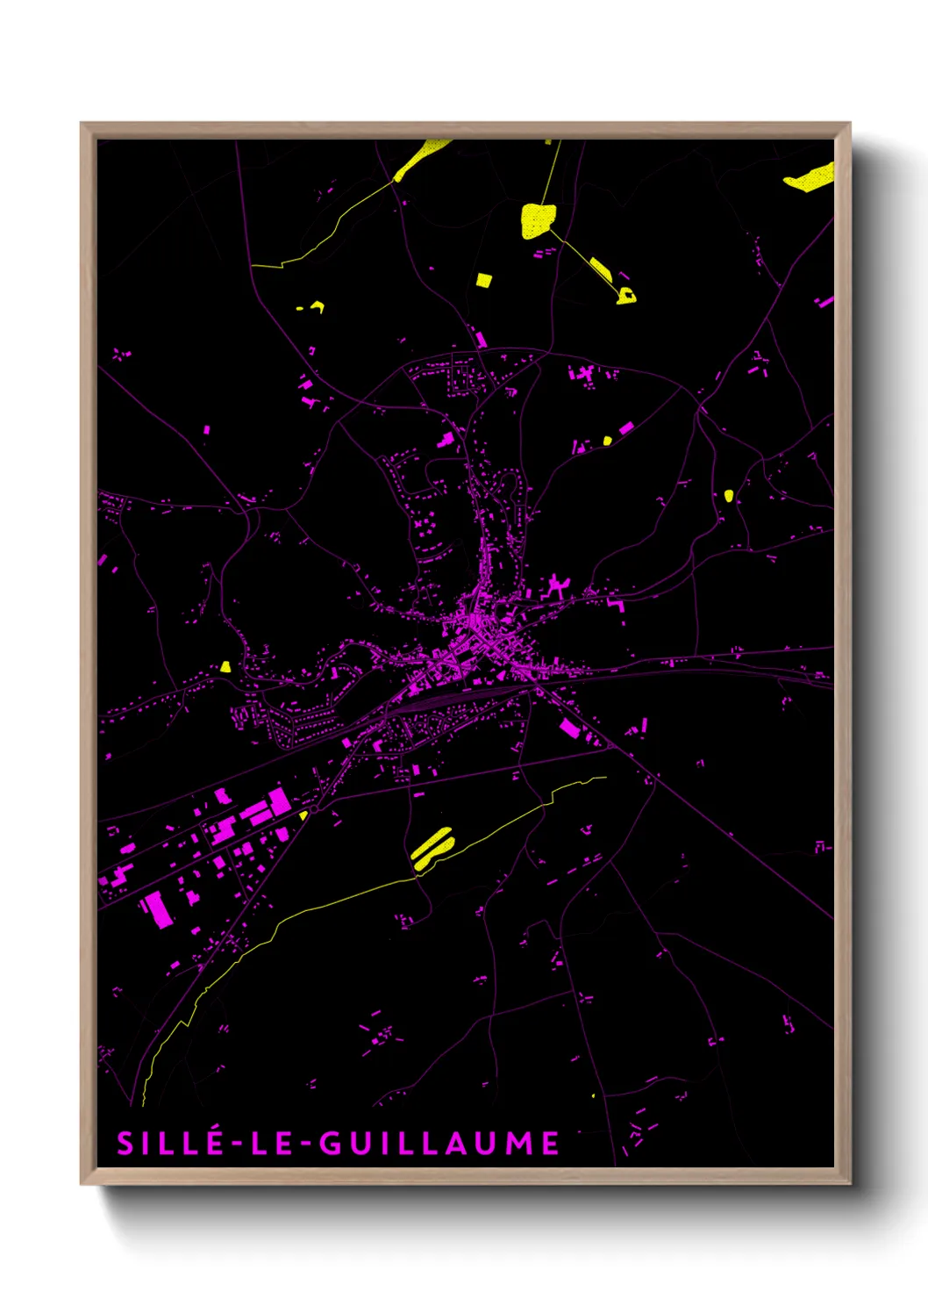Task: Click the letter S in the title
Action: [126, 1143]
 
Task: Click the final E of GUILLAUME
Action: [550, 1143]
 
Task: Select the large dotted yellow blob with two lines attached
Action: [537, 219]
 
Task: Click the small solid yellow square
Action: [484, 280]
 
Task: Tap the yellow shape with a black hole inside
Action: [626, 296]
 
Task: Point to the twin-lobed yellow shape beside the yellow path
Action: [432, 847]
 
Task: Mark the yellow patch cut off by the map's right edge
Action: [811, 178]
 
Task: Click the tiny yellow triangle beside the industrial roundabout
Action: [303, 815]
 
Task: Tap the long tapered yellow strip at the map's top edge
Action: [420, 158]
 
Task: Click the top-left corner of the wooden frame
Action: [82, 124]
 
